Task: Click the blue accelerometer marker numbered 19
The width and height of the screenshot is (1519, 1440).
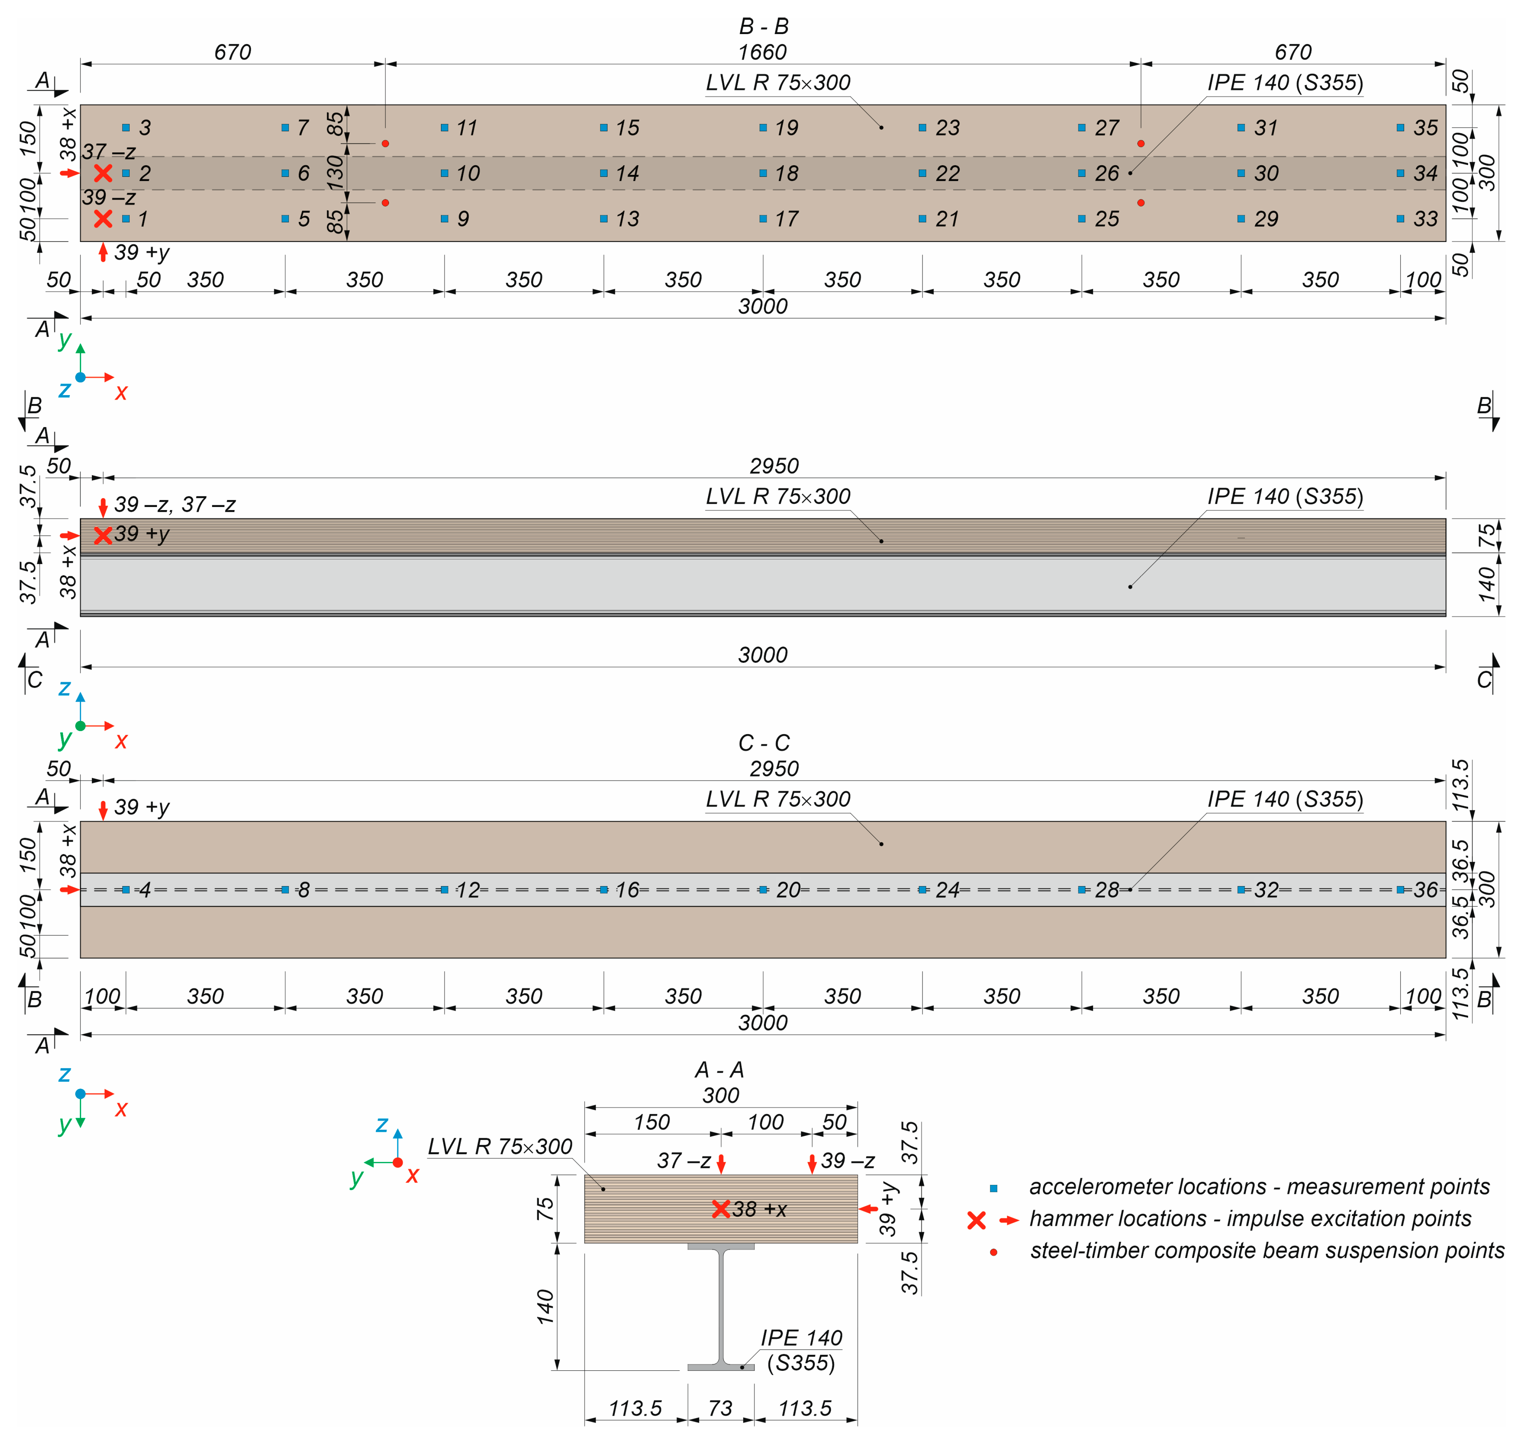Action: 763,127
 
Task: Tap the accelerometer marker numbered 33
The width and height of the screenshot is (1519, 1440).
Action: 1400,219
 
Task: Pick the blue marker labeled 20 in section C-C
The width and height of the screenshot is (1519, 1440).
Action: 763,890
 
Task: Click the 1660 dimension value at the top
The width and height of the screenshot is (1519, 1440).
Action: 762,52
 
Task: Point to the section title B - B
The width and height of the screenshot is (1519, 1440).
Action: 764,26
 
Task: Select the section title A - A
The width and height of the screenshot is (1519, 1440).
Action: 719,1069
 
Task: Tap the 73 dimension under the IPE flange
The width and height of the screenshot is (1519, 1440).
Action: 720,1408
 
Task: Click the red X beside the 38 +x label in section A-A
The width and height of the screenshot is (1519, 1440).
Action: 721,1209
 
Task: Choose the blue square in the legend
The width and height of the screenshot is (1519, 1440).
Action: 993,1188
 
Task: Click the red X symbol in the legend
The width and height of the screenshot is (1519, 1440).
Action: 976,1220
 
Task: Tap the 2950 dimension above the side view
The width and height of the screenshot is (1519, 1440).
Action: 774,466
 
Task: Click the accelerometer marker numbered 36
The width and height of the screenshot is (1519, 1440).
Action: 1400,890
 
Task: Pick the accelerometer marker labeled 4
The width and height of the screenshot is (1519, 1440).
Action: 126,890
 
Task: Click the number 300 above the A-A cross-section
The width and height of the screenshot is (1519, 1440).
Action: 720,1095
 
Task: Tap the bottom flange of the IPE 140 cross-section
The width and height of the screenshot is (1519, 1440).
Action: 720,1367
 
